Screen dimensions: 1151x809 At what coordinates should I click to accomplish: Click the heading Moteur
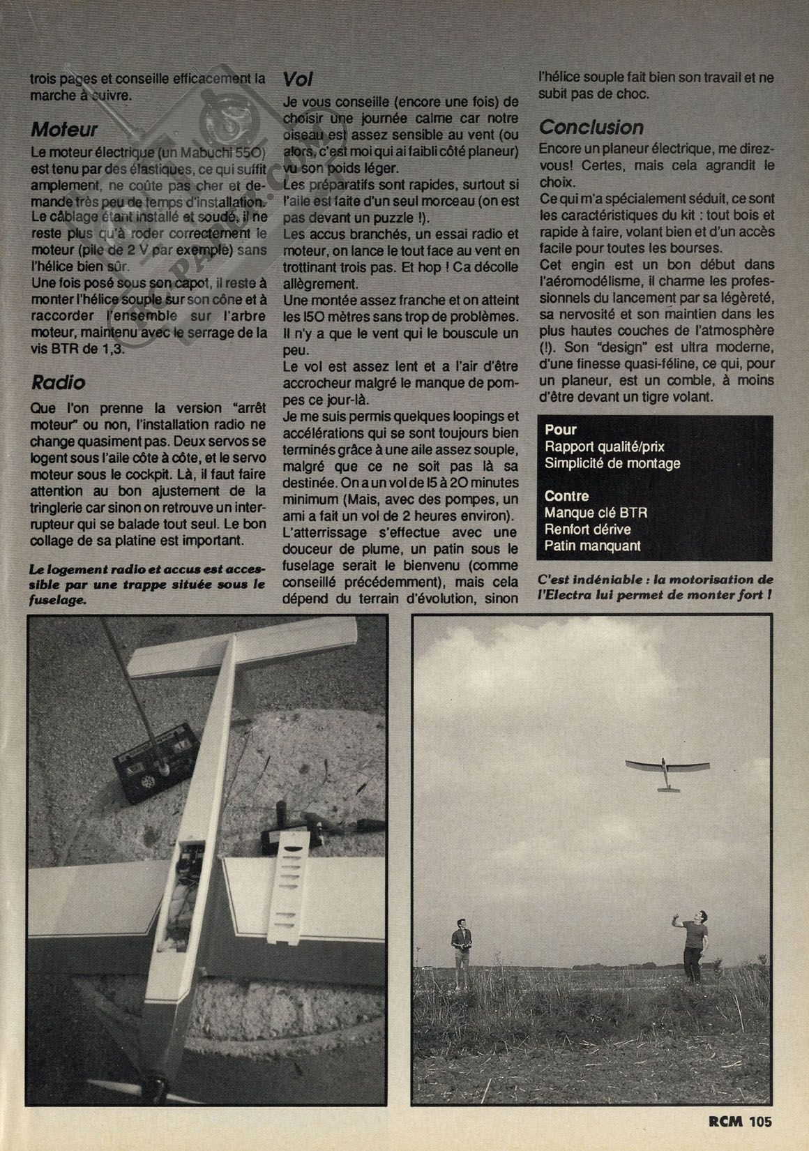(x=64, y=130)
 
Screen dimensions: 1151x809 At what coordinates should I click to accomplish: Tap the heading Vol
(x=298, y=78)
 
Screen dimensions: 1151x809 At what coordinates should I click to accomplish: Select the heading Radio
(x=59, y=382)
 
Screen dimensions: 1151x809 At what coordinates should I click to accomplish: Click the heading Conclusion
(x=591, y=128)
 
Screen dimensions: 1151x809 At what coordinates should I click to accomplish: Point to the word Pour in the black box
(x=561, y=430)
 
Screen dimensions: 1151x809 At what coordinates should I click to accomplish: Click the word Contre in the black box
(x=567, y=496)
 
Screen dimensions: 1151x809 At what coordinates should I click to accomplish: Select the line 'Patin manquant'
(x=592, y=546)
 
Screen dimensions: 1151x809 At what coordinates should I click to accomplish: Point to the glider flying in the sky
(x=667, y=771)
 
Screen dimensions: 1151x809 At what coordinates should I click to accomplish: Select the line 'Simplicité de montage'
(x=612, y=463)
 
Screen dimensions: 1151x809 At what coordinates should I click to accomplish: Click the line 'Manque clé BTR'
(x=596, y=513)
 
